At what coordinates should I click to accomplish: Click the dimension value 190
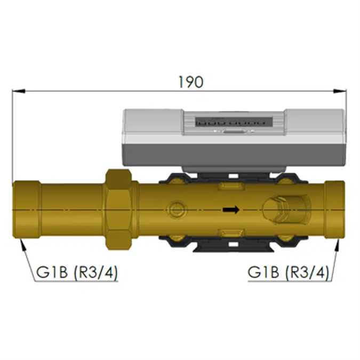(x=191, y=82)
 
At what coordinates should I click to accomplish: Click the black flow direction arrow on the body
(x=230, y=210)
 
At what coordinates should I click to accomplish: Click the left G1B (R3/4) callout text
(x=77, y=273)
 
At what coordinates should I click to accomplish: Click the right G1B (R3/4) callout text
(x=288, y=273)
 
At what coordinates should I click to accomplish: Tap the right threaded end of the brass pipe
(x=335, y=210)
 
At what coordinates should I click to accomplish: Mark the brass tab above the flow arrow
(x=230, y=187)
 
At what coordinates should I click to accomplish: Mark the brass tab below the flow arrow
(x=230, y=232)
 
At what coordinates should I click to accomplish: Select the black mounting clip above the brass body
(x=233, y=176)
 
